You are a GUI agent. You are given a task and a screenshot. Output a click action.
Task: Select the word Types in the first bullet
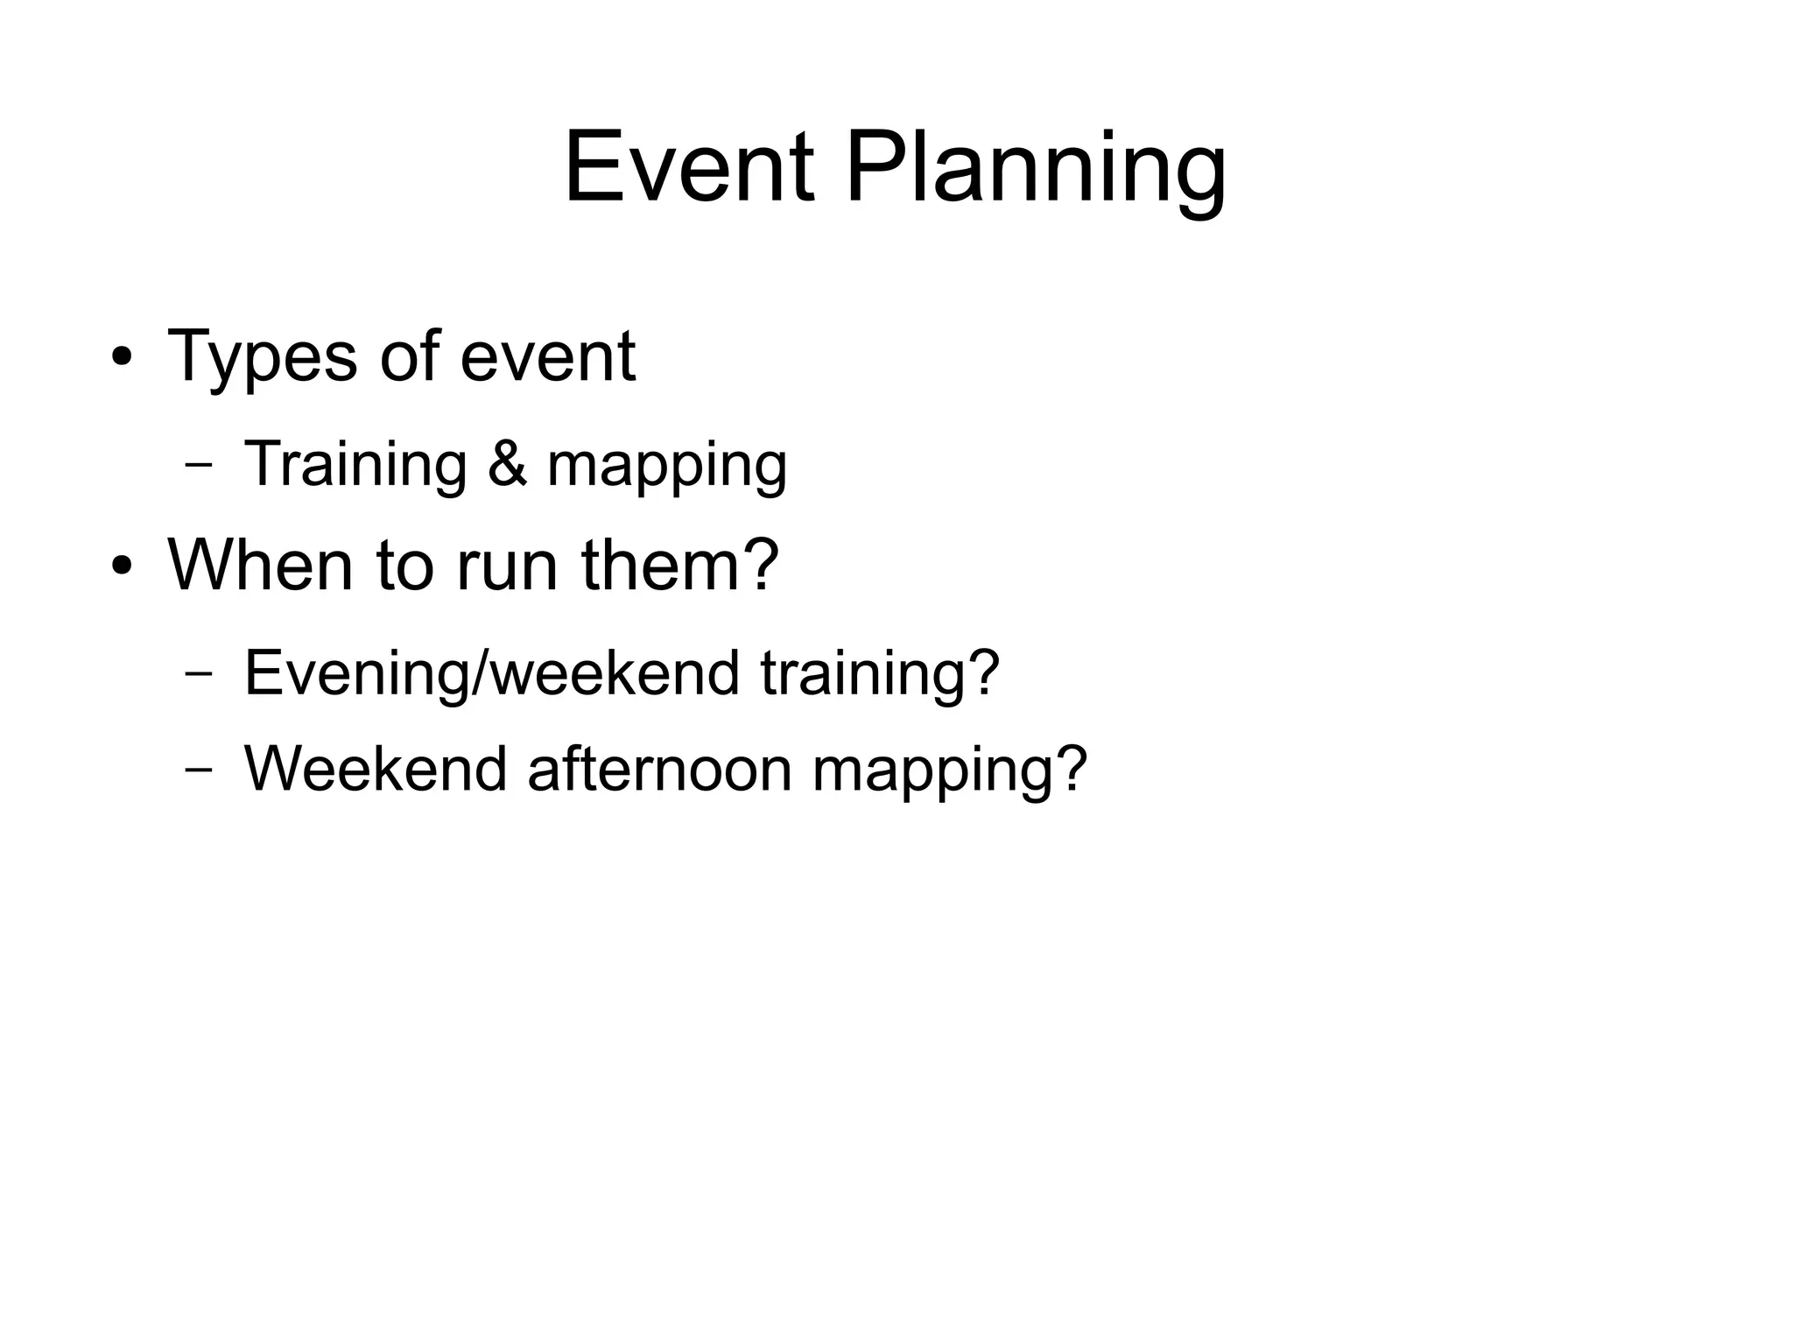point(262,358)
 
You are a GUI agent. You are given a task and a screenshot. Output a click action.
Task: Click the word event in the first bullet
point(547,356)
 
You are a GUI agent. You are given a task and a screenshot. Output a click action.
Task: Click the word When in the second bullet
point(259,565)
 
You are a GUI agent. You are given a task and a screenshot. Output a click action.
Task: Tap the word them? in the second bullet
point(679,565)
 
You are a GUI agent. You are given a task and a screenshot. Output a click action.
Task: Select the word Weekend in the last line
point(376,769)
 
